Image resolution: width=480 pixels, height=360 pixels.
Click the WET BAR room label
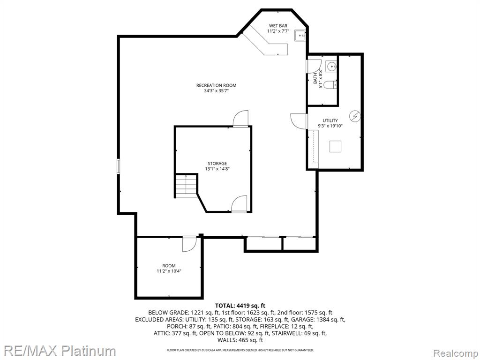tap(278, 26)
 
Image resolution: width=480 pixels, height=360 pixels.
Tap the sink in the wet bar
tap(300, 36)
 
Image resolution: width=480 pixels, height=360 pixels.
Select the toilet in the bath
tap(330, 84)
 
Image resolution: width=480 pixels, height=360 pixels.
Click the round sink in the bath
tap(331, 66)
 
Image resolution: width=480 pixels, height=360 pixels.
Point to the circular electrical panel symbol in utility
tap(355, 116)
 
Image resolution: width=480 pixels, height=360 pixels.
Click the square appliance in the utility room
tap(336, 146)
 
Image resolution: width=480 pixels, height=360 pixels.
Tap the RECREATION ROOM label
tap(217, 85)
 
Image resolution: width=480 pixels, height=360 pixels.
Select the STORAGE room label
tap(217, 164)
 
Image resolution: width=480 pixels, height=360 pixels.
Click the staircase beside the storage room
tap(186, 186)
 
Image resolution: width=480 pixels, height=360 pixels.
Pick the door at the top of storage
tap(240, 118)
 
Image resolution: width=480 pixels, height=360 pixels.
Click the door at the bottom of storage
tap(239, 204)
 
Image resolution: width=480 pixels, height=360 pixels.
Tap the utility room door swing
tap(299, 121)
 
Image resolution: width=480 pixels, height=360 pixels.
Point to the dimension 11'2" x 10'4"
tap(169, 271)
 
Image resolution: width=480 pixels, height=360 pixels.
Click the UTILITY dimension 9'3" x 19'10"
tap(330, 126)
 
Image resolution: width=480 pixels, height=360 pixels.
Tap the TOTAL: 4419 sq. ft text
tap(240, 306)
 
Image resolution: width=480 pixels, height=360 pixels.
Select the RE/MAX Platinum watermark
tap(58, 351)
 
